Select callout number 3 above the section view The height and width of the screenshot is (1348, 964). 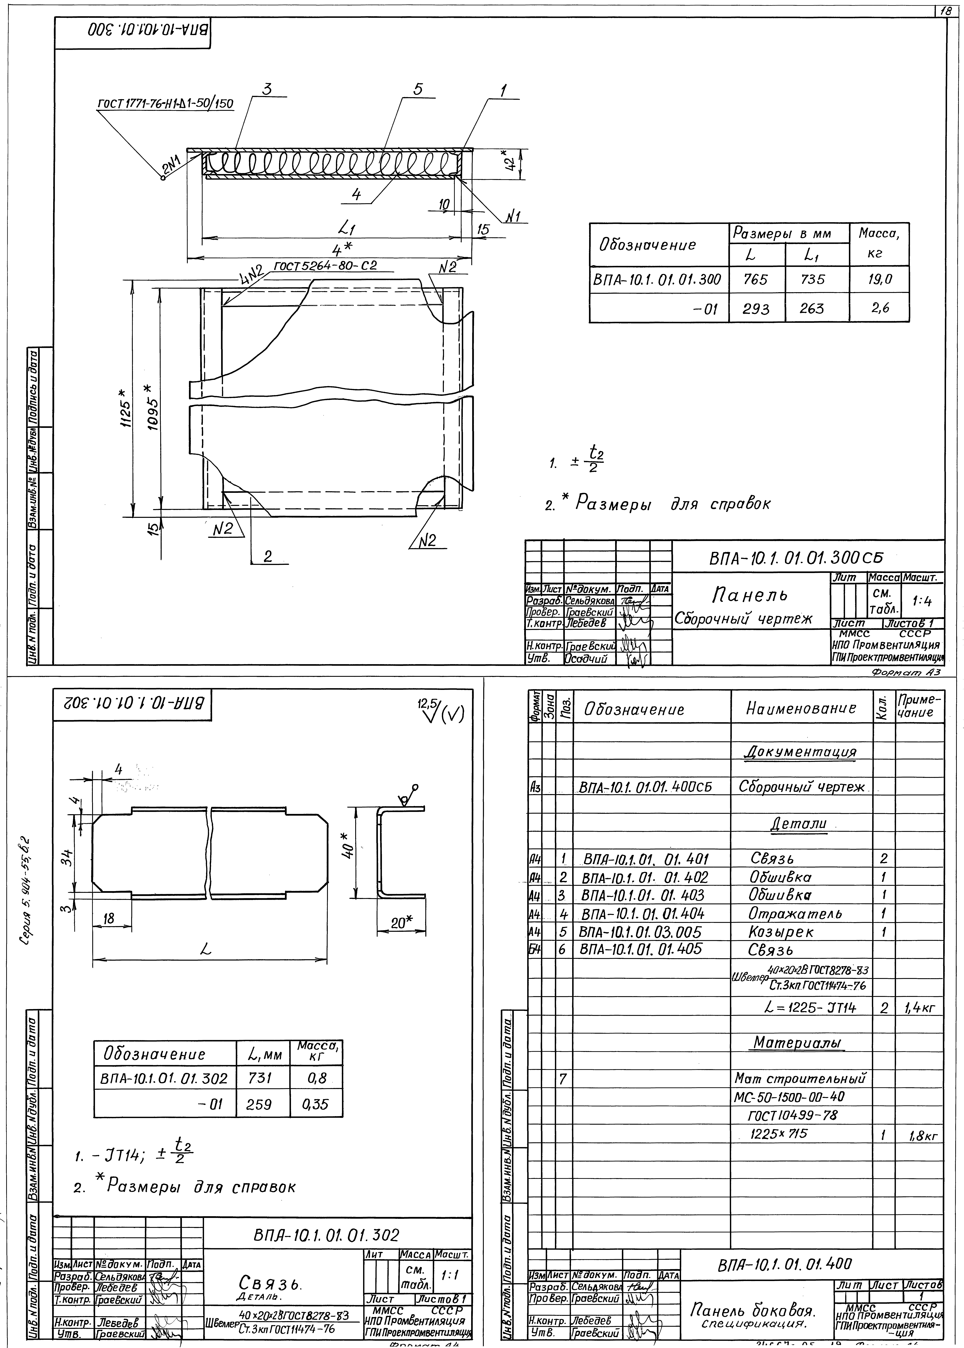tap(267, 89)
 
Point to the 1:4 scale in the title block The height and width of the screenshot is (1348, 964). tap(922, 601)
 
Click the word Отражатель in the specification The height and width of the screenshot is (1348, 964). tap(795, 914)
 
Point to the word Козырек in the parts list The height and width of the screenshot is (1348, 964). tap(781, 932)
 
